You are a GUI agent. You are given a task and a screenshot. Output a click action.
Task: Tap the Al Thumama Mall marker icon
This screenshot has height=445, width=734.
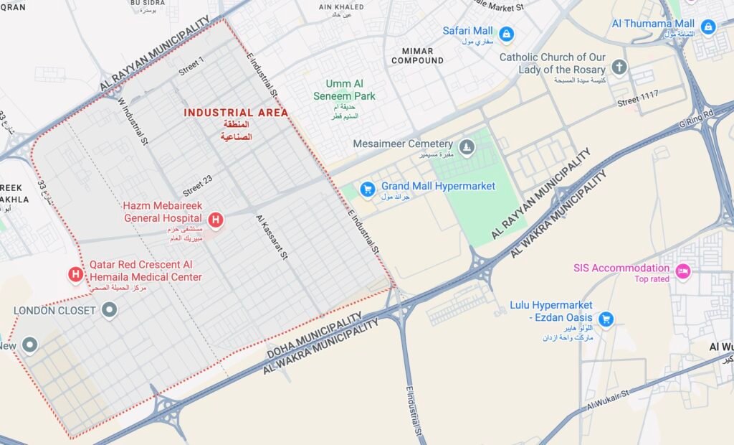coord(707,27)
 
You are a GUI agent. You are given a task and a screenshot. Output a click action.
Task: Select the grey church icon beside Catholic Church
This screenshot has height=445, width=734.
coord(619,67)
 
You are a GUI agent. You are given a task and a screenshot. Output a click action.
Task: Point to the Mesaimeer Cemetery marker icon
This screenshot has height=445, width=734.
coord(467,148)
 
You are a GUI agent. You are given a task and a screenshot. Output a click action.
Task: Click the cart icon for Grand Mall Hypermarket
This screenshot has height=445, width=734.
coord(368,189)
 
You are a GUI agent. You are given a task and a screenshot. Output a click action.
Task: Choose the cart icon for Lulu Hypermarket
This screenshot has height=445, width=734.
coord(606,318)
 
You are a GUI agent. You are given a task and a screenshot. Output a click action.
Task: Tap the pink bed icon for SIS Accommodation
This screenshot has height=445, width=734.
coord(683,271)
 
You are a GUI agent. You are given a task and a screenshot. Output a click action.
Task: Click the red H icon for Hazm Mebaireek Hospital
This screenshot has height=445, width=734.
coord(214,219)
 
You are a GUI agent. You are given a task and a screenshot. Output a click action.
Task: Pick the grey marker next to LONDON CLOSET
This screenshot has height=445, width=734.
coord(109,310)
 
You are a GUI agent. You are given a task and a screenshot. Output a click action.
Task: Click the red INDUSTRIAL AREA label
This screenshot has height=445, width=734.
coord(236,113)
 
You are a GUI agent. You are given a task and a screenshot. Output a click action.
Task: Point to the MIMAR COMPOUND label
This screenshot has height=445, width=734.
coord(417,55)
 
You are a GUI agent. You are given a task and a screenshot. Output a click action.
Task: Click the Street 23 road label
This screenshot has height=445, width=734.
coord(197,187)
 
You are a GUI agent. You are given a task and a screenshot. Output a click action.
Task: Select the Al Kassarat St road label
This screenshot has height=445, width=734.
coord(272,237)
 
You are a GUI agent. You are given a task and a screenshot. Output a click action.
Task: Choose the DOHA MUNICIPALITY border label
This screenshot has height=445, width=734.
coord(315,336)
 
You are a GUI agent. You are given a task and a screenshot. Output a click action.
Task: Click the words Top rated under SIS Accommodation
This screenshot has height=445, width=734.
coord(651,279)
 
